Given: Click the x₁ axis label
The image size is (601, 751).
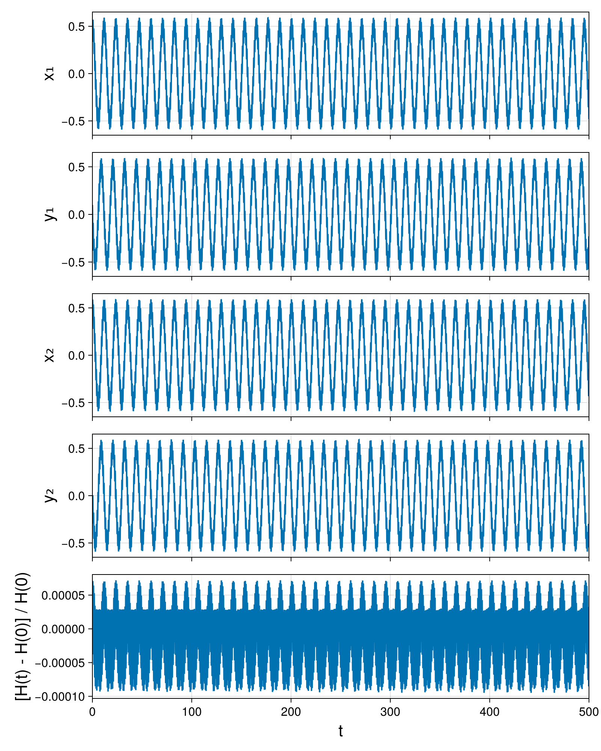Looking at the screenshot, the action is pyautogui.click(x=49, y=74).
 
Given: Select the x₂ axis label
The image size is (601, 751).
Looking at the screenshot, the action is pyautogui.click(x=49, y=355).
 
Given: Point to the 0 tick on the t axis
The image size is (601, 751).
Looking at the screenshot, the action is pyautogui.click(x=92, y=712).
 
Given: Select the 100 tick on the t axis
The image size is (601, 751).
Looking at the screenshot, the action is pyautogui.click(x=192, y=712).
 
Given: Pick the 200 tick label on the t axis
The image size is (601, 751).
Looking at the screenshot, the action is pyautogui.click(x=291, y=712).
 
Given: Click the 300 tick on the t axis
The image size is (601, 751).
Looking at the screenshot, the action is pyautogui.click(x=390, y=712).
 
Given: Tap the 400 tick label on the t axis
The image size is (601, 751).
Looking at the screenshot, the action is pyautogui.click(x=489, y=712).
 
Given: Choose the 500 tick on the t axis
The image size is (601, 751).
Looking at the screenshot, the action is pyautogui.click(x=589, y=712).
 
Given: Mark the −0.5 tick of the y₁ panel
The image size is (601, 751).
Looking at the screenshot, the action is pyautogui.click(x=74, y=262).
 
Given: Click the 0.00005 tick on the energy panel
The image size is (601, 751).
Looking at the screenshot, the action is pyautogui.click(x=63, y=595).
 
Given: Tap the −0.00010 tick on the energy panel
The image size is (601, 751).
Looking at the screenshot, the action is pyautogui.click(x=60, y=697).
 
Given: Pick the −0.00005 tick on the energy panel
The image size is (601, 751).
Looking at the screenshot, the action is pyautogui.click(x=60, y=663).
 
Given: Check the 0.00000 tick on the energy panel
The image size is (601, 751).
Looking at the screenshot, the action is pyautogui.click(x=63, y=629).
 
